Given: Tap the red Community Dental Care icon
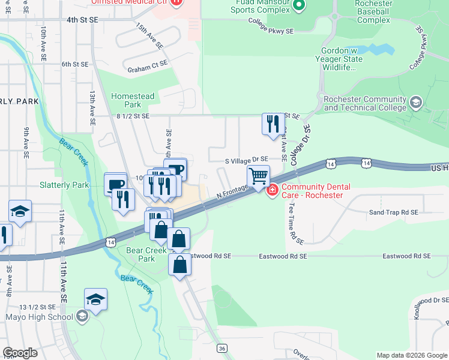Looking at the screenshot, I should coord(272,190).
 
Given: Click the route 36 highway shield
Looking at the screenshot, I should coord(222,348).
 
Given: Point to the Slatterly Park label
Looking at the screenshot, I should coord(64,185).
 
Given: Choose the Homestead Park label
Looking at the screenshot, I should coord(133,100).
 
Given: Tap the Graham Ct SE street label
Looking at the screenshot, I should coord(146,70).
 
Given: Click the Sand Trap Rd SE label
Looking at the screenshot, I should coord(393,212).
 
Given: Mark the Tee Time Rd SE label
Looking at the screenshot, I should coord(292,222).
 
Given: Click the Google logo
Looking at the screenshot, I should coord(19,353).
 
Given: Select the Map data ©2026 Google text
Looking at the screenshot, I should coord(412,355).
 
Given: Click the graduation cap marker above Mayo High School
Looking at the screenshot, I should coord(95,299).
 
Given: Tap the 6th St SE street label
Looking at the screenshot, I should coord(74,64).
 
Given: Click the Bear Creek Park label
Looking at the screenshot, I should coord(146,255).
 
